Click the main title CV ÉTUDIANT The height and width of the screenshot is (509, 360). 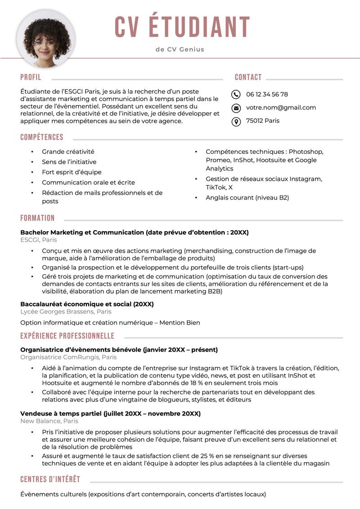[182, 27]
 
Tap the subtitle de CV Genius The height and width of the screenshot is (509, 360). [180, 49]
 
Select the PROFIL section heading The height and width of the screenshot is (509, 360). [31, 77]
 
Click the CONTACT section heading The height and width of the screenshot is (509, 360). [248, 77]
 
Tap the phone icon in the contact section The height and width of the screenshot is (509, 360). [236, 94]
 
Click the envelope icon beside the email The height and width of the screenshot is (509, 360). [236, 108]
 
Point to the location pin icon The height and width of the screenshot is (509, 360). [236, 121]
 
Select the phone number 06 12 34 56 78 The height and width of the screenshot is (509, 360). [267, 94]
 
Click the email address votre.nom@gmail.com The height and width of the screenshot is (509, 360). [281, 108]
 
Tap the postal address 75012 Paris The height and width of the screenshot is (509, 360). [262, 121]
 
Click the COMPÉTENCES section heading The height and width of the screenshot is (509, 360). [42, 138]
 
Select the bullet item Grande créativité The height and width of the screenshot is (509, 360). [68, 152]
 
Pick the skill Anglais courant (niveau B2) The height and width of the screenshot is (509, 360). [247, 198]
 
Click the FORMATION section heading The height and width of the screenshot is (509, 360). [37, 219]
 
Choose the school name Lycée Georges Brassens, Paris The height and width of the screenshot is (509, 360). [66, 312]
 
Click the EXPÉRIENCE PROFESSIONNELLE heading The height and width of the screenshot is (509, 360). [67, 336]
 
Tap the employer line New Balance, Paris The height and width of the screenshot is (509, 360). [49, 421]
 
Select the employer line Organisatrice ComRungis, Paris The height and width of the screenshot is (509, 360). [68, 357]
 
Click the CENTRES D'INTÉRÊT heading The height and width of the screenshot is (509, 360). [50, 479]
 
